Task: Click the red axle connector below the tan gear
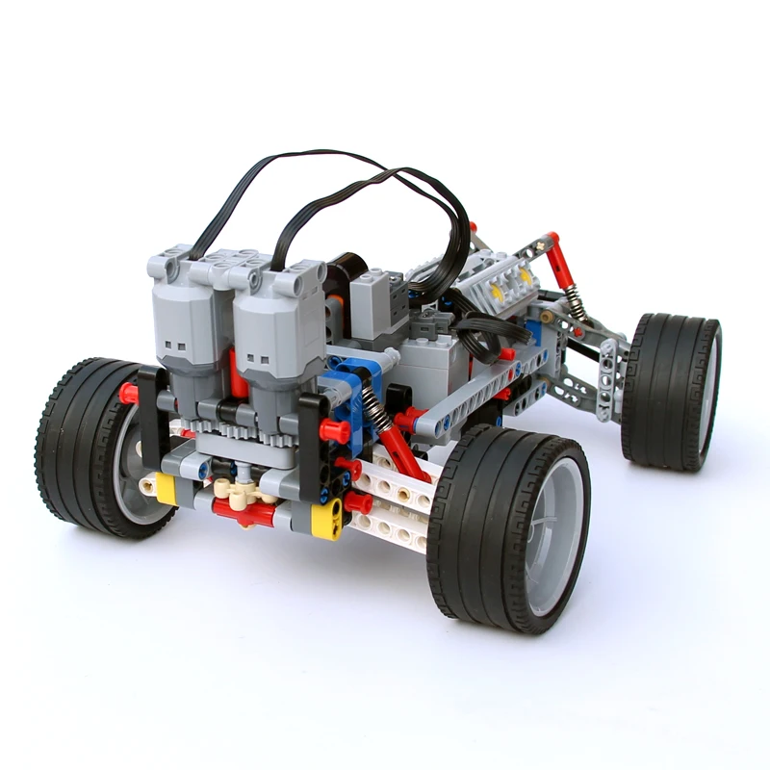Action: [246, 515]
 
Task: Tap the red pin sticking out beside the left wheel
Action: [128, 393]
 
